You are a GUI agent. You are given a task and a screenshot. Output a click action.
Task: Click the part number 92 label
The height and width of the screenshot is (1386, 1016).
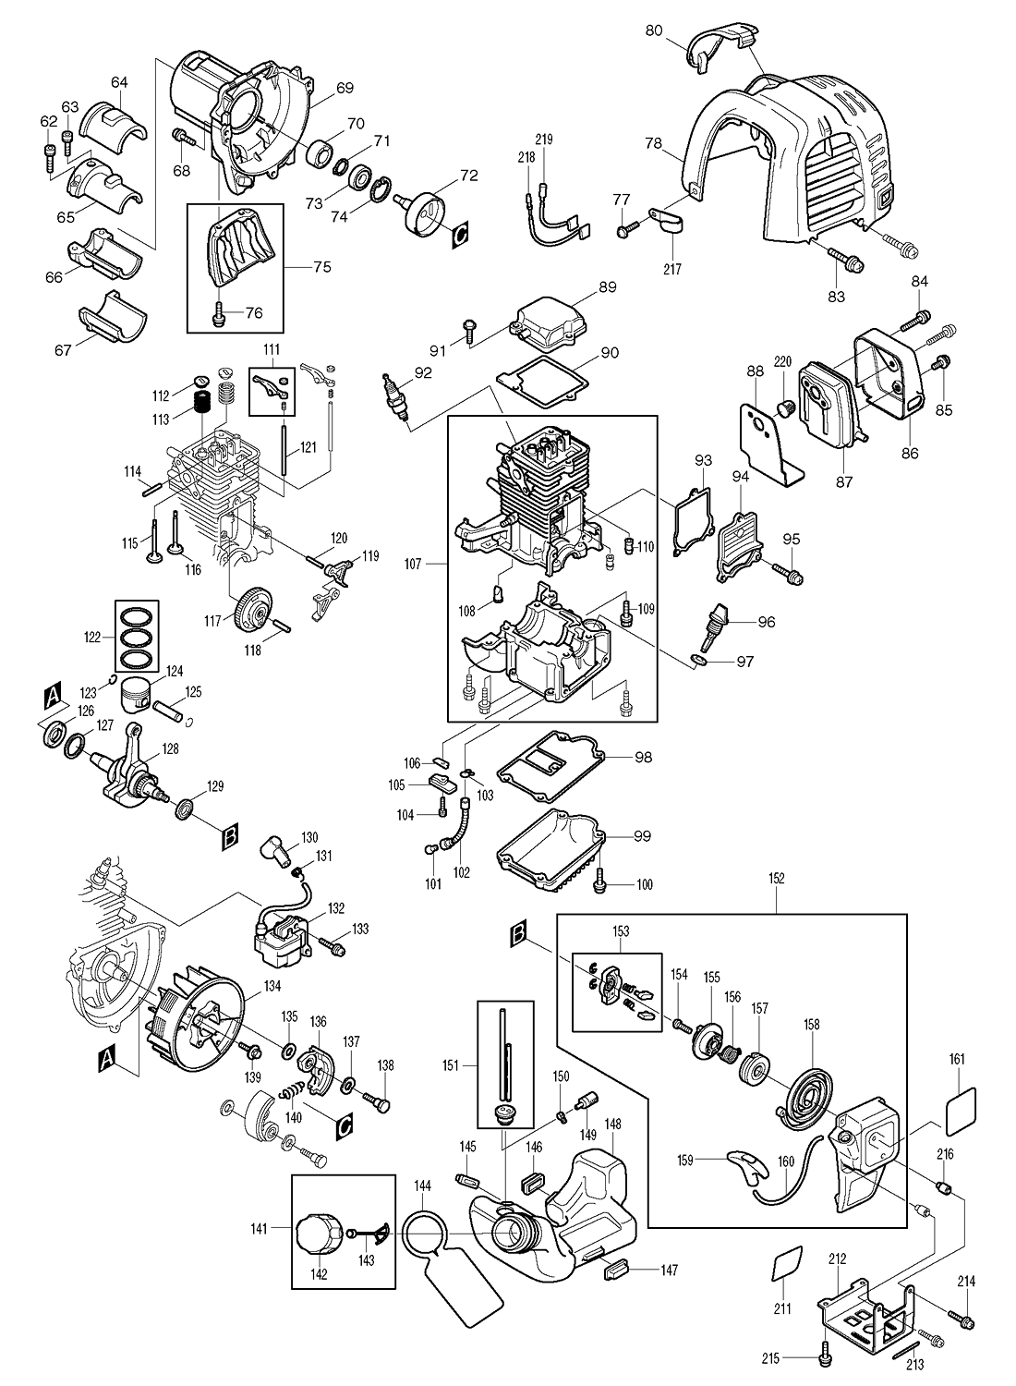pos(423,373)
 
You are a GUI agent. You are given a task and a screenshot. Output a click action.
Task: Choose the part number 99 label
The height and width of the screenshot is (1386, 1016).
pos(643,836)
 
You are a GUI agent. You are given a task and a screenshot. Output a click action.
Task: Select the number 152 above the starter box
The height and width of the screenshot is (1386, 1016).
pos(776,879)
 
